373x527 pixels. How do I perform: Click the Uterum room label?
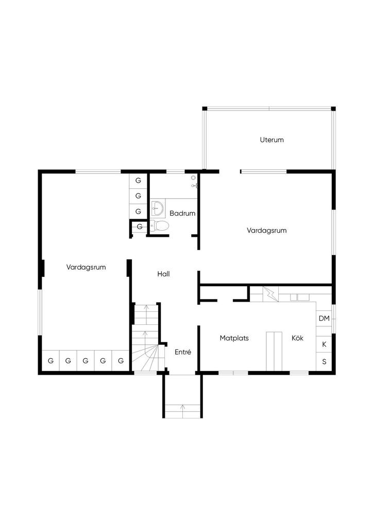click(x=272, y=140)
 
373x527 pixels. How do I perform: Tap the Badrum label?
click(x=182, y=213)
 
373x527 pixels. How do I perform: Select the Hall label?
click(x=163, y=274)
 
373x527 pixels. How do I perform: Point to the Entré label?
click(x=183, y=352)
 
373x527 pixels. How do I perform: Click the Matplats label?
click(x=234, y=338)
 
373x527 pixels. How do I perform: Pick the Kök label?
click(x=297, y=338)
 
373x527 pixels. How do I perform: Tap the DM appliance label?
click(x=324, y=318)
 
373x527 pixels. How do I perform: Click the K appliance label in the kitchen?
click(x=324, y=344)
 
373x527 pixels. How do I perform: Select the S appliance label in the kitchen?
click(x=324, y=362)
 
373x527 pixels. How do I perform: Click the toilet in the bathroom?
click(x=159, y=226)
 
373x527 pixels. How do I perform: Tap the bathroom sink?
click(x=158, y=208)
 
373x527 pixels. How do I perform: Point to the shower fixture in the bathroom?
click(x=194, y=181)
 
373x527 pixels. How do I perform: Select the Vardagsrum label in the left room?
click(x=86, y=267)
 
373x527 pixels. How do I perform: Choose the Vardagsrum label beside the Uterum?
click(x=267, y=231)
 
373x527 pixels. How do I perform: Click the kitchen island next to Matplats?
click(x=274, y=351)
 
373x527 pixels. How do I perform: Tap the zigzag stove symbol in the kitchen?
click(x=270, y=294)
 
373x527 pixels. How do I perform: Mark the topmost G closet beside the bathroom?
click(x=138, y=181)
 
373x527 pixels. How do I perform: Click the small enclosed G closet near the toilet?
click(x=139, y=227)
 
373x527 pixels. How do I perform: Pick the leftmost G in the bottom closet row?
click(x=51, y=361)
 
